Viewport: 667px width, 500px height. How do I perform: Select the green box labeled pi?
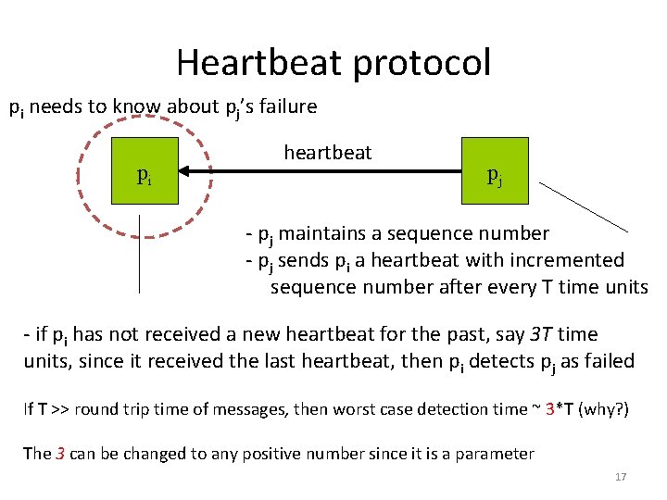144,171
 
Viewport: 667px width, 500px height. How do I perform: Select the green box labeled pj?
494,171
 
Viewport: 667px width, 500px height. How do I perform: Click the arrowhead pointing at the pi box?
185,171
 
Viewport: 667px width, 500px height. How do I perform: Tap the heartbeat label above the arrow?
327,152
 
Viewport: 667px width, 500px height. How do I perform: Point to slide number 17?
621,477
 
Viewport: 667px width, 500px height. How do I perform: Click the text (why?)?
603,408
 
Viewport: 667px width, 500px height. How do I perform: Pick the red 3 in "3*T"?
550,408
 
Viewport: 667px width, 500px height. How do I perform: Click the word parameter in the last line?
496,454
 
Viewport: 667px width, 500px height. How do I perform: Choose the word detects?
503,361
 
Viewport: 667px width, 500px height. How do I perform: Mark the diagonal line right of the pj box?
584,206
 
